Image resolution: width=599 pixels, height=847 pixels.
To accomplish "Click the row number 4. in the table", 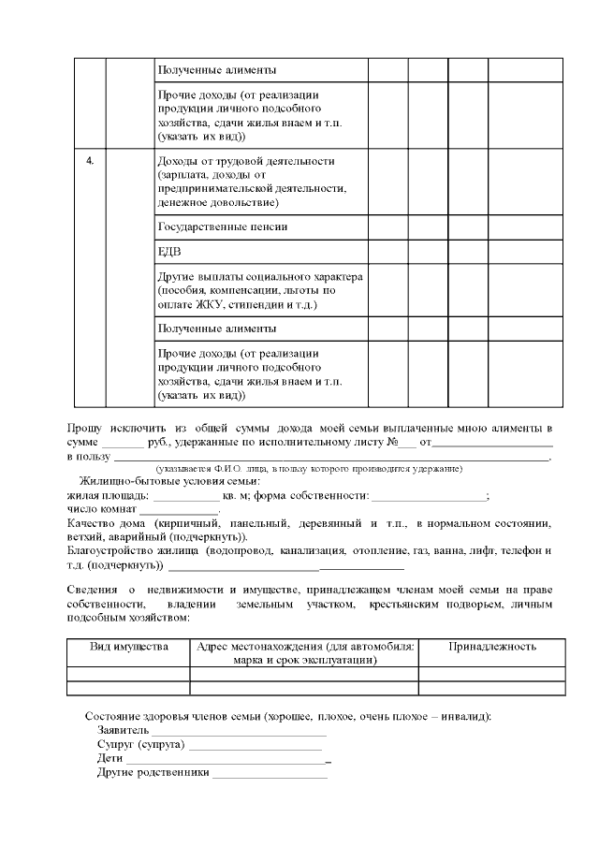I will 90,161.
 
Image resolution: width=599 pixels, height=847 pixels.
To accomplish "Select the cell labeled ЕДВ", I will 168,252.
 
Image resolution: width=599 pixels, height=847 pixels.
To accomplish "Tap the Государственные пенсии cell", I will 222,226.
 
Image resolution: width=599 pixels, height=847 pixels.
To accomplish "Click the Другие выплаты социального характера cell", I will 260,290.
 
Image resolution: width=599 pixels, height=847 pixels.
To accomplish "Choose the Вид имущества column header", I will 129,647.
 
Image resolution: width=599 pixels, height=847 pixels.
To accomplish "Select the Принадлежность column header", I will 491,647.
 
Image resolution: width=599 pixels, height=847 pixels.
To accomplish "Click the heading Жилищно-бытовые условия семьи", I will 169,481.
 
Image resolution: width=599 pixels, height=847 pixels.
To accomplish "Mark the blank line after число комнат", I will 179,510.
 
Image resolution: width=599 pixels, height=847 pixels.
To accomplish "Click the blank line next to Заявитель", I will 240,730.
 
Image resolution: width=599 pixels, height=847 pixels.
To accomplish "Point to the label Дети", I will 110,759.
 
